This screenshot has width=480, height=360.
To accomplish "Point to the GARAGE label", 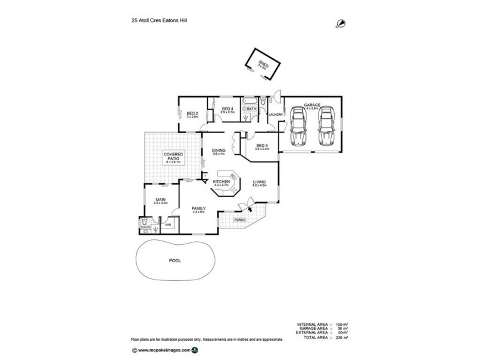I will [x=311, y=106].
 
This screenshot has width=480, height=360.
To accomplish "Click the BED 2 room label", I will [x=192, y=114].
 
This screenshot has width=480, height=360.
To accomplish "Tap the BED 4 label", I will [x=226, y=109].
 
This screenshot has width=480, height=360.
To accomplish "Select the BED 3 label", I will [x=262, y=146].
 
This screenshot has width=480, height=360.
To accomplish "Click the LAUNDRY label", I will [x=275, y=114].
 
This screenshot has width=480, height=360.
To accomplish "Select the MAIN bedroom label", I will [x=160, y=199].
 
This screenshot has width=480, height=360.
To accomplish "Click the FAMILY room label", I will [x=199, y=209].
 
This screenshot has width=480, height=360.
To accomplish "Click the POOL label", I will [x=174, y=262].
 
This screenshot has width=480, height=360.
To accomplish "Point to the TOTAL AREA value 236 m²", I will [x=343, y=338].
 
